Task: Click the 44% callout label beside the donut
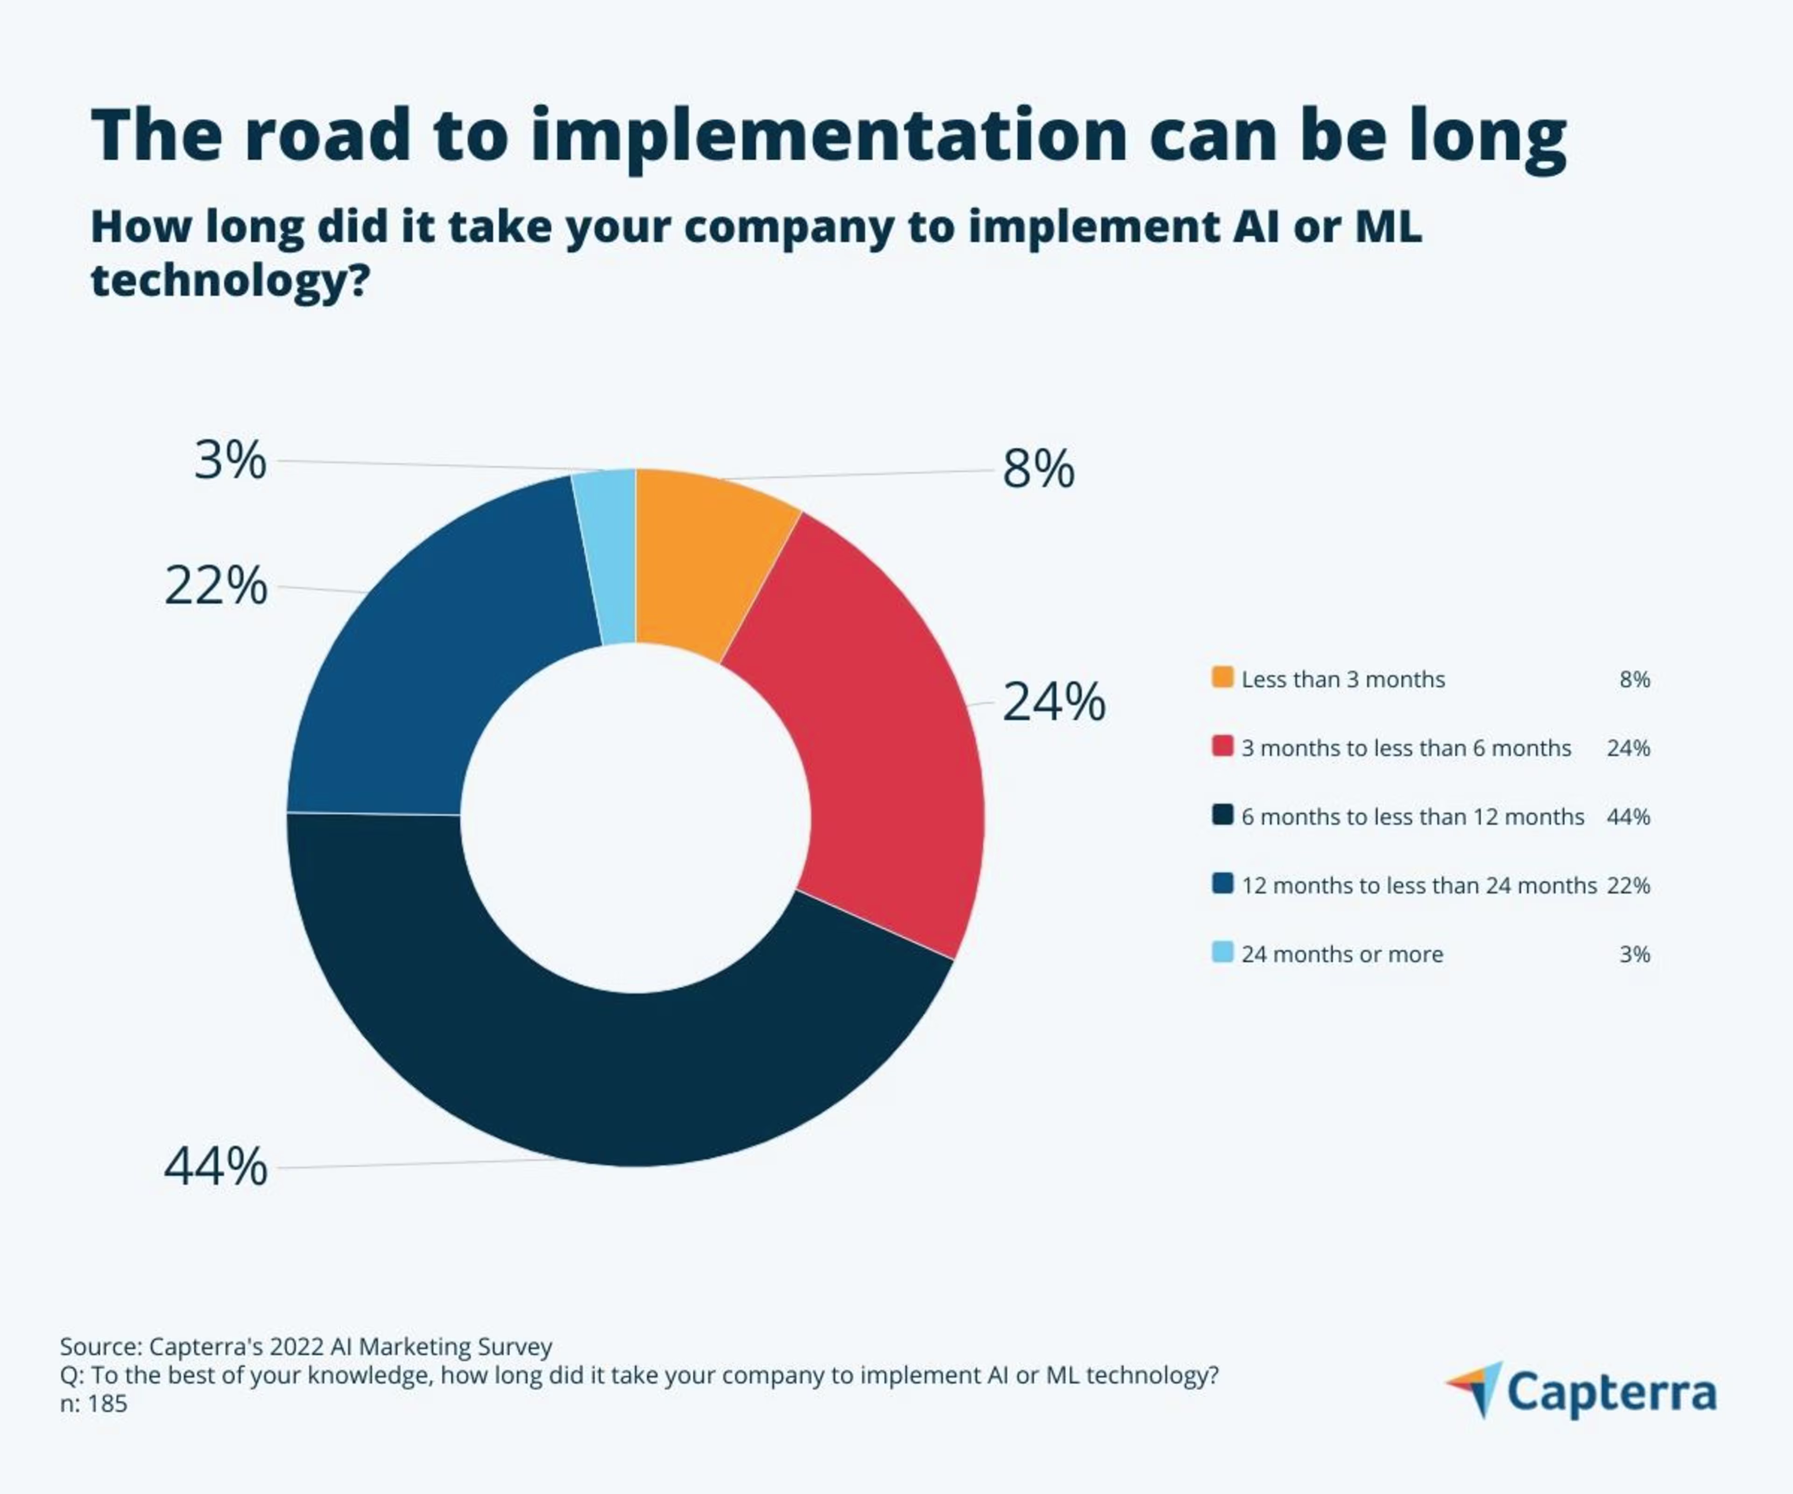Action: click(x=215, y=1166)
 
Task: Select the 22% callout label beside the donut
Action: click(x=215, y=586)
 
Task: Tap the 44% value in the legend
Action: click(x=1627, y=817)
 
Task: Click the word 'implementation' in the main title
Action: click(x=828, y=137)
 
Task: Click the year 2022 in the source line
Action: click(x=296, y=1347)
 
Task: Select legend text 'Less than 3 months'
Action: click(x=1342, y=680)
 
